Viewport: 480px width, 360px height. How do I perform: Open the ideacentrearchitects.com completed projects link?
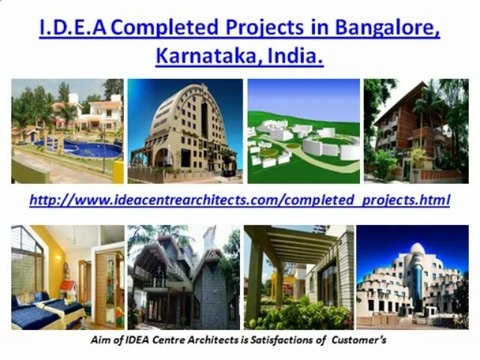tap(240, 200)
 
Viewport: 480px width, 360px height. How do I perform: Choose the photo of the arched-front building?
tap(184, 130)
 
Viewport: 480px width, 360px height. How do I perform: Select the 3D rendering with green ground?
tap(303, 130)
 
